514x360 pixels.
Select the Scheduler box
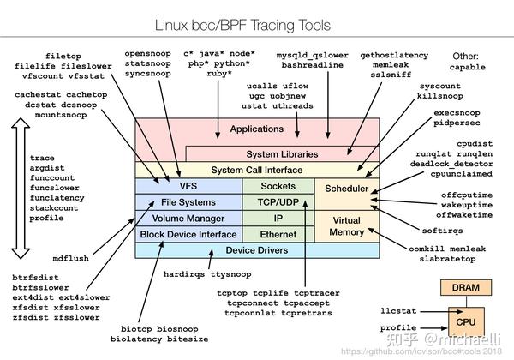tap(347, 189)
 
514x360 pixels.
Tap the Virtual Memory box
tap(347, 225)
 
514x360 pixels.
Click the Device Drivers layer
tap(257, 250)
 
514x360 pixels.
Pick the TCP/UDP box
tap(278, 202)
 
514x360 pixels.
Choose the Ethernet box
tap(278, 234)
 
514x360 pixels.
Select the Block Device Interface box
tap(188, 234)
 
